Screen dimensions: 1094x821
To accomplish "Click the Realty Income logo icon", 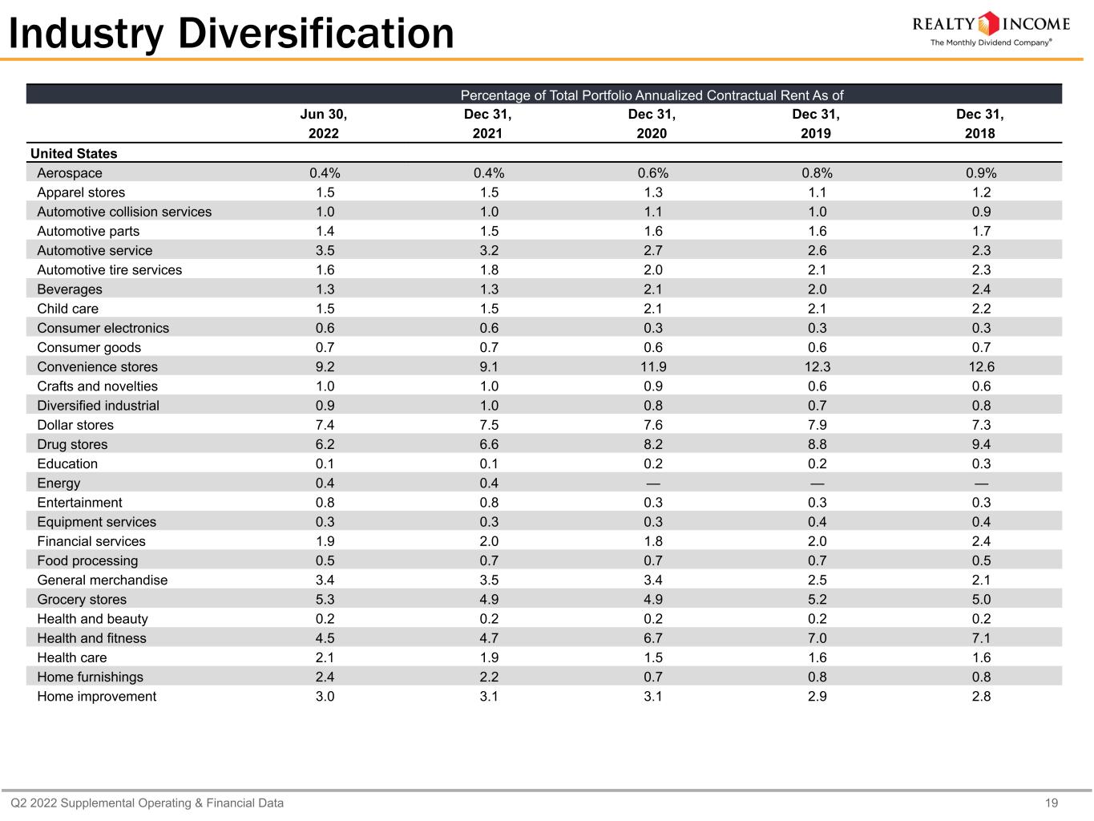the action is click(x=988, y=23).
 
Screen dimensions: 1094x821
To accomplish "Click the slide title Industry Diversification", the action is click(x=232, y=34).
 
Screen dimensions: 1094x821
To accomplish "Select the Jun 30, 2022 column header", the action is click(x=324, y=123).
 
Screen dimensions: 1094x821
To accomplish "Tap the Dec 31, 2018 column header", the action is click(x=980, y=123).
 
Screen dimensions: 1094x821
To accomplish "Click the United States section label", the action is click(x=74, y=153).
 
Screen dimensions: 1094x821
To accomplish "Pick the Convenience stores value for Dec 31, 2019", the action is click(x=817, y=367).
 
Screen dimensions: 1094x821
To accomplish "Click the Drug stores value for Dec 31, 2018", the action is click(x=981, y=444).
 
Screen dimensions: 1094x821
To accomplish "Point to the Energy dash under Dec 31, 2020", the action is click(x=653, y=483).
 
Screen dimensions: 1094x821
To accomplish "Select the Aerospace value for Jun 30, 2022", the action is click(x=325, y=173).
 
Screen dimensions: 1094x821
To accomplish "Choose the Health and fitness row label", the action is click(x=91, y=638).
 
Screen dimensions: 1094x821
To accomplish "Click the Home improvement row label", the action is click(x=97, y=697).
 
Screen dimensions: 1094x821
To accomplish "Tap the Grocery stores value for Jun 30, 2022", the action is click(x=325, y=599).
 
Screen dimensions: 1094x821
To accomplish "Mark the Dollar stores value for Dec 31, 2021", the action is click(x=489, y=425).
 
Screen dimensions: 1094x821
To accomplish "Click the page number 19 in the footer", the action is click(x=1052, y=803).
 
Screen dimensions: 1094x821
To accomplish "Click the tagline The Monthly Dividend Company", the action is click(x=991, y=42).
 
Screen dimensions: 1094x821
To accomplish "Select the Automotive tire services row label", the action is click(x=110, y=269).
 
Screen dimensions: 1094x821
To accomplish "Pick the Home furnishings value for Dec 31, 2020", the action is click(x=653, y=677).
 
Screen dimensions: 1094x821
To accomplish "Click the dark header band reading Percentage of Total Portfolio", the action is click(x=544, y=95).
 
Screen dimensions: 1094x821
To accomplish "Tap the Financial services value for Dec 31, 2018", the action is click(x=981, y=541).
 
